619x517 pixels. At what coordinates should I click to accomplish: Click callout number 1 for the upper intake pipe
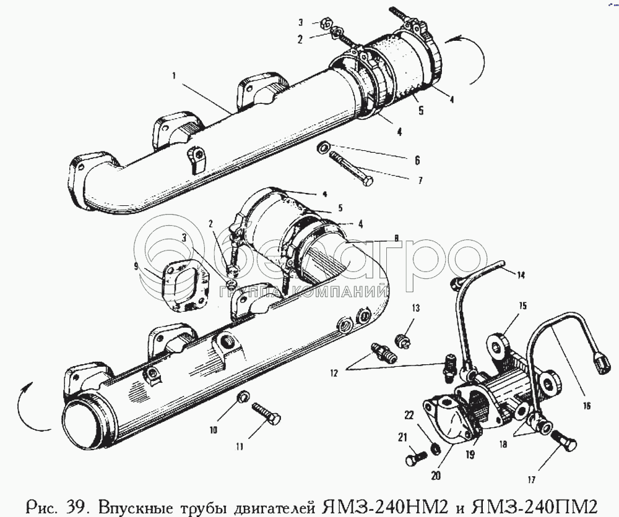174,75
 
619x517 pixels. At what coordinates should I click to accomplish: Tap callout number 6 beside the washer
417,160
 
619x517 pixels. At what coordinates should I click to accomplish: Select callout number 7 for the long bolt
420,181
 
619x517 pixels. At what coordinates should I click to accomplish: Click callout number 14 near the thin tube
521,275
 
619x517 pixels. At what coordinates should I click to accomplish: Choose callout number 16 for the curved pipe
586,405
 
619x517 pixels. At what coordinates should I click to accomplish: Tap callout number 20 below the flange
436,476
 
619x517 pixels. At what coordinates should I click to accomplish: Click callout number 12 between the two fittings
334,373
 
